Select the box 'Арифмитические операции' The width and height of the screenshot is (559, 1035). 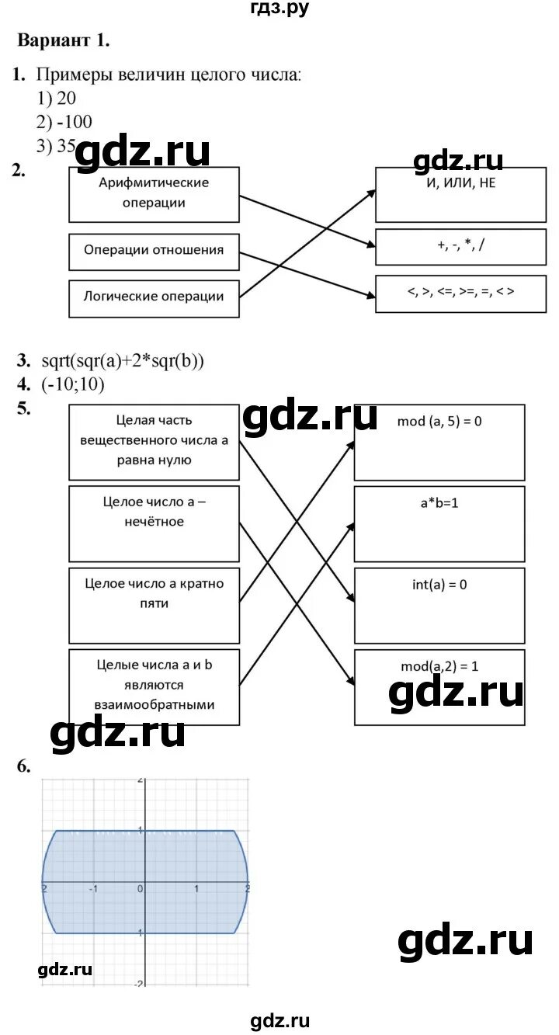pyautogui.click(x=154, y=193)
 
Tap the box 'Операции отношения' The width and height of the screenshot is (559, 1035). pyautogui.click(x=154, y=251)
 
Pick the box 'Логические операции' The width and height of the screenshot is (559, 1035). pyautogui.click(x=154, y=297)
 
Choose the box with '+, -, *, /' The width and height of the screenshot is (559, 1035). pyautogui.click(x=460, y=245)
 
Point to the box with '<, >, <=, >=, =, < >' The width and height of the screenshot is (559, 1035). pyautogui.click(x=460, y=293)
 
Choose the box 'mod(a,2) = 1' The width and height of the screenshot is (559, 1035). pyautogui.click(x=439, y=686)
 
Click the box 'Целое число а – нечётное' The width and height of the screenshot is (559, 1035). pyautogui.click(x=154, y=523)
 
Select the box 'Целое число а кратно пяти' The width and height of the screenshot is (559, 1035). pyautogui.click(x=154, y=605)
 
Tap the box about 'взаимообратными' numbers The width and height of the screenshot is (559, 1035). pyautogui.click(x=154, y=686)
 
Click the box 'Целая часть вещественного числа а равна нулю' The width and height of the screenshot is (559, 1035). pyautogui.click(x=154, y=441)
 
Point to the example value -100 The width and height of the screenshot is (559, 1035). pyautogui.click(x=75, y=122)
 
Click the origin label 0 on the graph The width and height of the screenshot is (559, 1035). pyautogui.click(x=141, y=889)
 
